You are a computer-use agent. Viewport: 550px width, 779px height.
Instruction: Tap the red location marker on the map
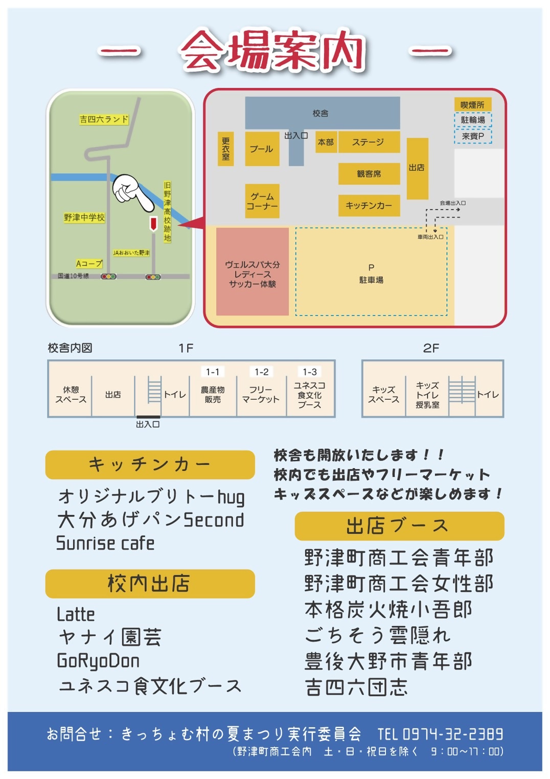point(153,224)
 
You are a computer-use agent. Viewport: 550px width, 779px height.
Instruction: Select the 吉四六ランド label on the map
point(104,119)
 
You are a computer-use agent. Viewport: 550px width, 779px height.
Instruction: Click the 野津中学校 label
point(84,218)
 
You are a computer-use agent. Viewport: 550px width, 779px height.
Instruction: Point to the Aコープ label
point(89,264)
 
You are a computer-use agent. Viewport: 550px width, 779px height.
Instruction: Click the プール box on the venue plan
point(262,149)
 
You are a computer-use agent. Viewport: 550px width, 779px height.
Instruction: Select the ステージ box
point(368,142)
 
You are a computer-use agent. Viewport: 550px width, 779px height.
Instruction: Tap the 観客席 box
point(369,174)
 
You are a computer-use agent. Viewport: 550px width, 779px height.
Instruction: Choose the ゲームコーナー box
point(262,201)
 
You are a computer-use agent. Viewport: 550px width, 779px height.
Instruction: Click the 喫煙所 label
point(472,105)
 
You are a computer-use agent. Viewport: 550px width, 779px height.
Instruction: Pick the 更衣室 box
point(225,149)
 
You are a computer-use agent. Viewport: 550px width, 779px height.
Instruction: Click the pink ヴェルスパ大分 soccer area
point(253,272)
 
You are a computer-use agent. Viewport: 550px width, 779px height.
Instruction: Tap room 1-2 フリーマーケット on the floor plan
point(261,394)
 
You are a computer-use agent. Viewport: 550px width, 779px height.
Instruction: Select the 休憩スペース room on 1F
point(71,394)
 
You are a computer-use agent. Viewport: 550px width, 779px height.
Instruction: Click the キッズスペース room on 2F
point(383,394)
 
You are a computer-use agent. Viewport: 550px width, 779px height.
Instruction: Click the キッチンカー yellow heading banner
point(150,465)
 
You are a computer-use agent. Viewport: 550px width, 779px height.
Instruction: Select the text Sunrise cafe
point(105,543)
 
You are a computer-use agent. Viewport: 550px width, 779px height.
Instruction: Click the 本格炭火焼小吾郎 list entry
point(388,610)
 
